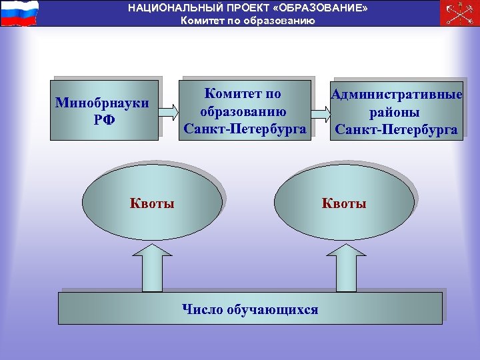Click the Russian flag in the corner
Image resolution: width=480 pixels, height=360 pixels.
[x=19, y=13]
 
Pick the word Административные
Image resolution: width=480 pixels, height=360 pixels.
[x=397, y=95]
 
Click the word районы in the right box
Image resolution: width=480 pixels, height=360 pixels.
[x=397, y=112]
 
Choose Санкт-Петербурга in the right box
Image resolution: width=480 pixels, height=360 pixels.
[x=397, y=129]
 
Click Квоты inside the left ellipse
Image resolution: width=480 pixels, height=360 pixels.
[x=152, y=203]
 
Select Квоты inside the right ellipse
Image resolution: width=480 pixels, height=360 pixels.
[x=344, y=203]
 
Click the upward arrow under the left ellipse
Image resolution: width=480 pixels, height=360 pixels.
[x=154, y=266]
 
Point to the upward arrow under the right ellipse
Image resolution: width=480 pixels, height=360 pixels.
[x=345, y=266]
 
